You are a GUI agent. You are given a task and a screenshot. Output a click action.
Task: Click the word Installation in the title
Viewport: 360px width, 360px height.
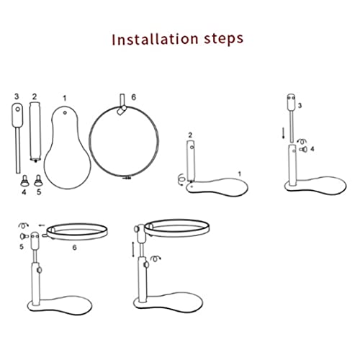(x=155, y=39)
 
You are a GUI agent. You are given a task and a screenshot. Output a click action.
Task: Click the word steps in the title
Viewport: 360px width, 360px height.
(x=224, y=40)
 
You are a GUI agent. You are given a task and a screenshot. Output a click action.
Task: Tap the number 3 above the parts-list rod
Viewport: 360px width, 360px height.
(x=17, y=96)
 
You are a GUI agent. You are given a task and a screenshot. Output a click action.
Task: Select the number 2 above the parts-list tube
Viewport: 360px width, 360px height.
(x=35, y=96)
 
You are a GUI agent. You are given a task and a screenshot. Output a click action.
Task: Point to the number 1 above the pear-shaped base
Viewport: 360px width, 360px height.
(x=64, y=99)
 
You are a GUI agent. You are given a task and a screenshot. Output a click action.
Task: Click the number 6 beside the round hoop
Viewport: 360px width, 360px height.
(x=133, y=97)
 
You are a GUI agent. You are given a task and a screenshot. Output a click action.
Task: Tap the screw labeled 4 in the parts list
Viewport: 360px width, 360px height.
(x=24, y=180)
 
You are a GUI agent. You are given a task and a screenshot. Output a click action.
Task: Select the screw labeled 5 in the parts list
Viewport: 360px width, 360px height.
(x=37, y=180)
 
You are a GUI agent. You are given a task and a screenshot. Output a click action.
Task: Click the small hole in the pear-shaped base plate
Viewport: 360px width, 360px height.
(x=65, y=112)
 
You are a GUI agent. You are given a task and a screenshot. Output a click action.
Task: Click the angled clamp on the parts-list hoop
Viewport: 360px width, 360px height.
(x=122, y=110)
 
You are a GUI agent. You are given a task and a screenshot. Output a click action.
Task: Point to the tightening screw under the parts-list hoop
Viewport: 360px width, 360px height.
(x=127, y=179)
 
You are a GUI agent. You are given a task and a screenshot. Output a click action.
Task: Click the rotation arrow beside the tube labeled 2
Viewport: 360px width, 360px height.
(x=181, y=179)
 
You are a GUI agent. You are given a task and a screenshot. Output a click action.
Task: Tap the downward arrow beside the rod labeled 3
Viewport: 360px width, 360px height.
(x=284, y=133)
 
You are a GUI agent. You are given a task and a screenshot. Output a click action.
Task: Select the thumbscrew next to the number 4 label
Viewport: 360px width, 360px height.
(x=303, y=149)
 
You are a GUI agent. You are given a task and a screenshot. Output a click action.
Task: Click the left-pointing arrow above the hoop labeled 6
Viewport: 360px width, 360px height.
(x=42, y=225)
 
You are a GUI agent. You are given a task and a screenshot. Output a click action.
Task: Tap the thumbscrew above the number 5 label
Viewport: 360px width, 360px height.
(x=24, y=236)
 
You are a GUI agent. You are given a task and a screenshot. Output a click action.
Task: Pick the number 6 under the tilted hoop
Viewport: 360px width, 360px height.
(x=75, y=247)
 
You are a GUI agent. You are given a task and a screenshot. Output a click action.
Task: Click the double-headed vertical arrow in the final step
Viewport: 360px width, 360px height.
(x=133, y=250)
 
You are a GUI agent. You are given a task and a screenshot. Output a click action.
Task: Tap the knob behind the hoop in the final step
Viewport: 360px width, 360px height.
(x=136, y=229)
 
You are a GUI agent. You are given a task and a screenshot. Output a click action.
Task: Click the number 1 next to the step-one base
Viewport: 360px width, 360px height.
(x=239, y=174)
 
